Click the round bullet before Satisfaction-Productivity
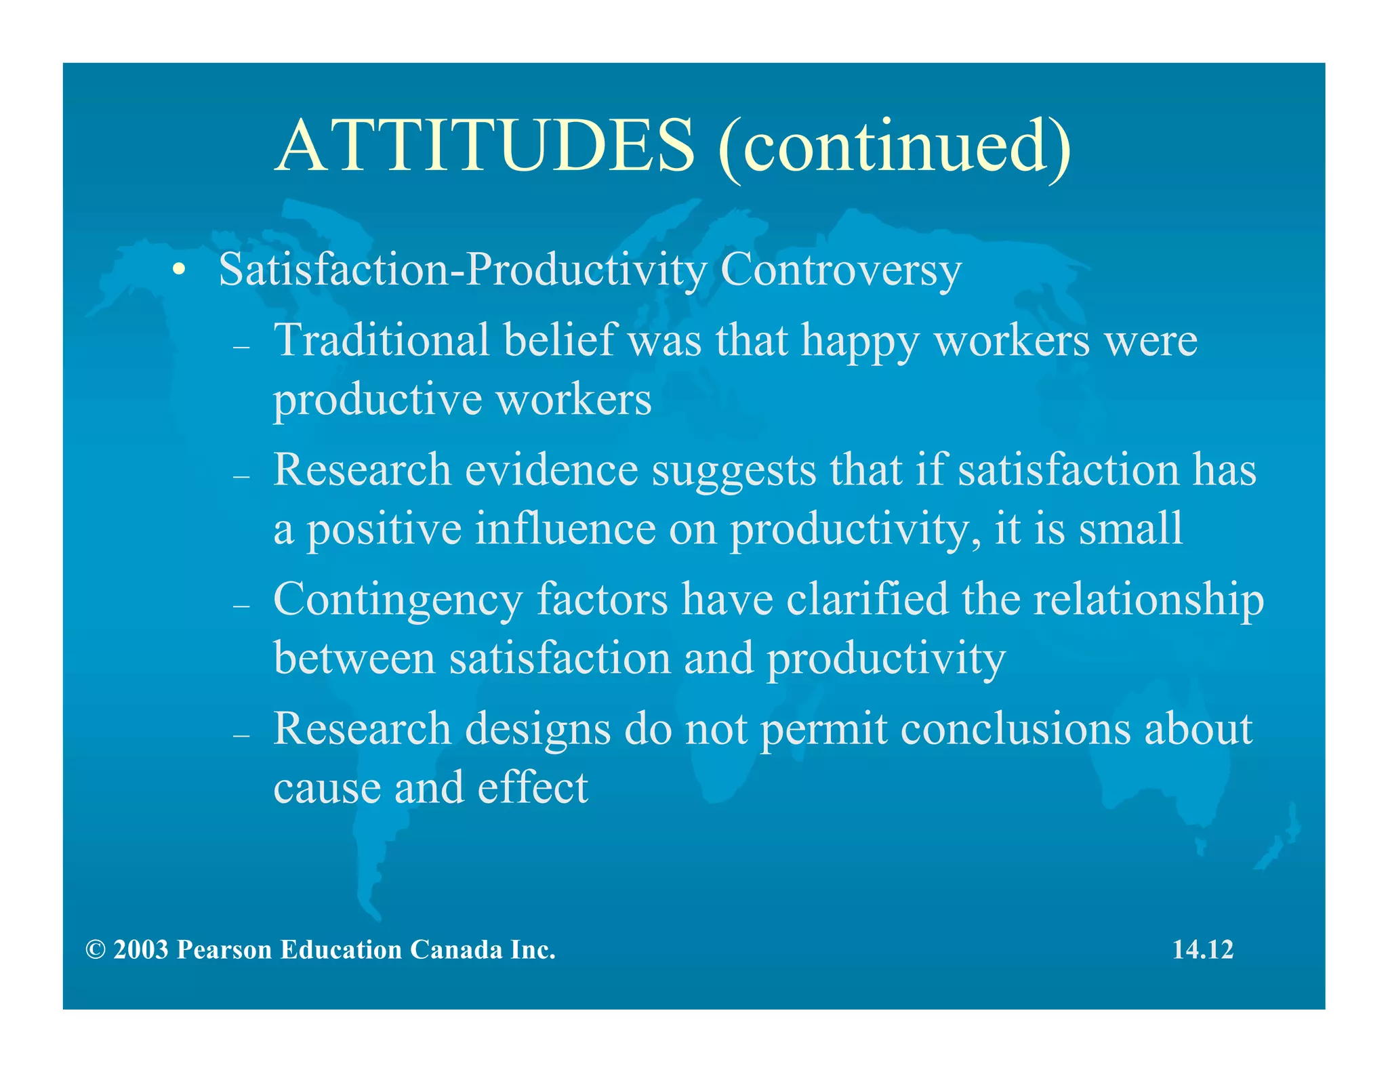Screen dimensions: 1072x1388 [x=178, y=270]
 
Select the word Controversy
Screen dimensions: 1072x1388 [x=840, y=270]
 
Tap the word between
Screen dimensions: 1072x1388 [x=354, y=658]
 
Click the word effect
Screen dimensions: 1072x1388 [x=533, y=787]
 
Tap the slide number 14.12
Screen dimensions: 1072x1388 [x=1203, y=949]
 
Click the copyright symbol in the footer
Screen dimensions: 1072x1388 [x=96, y=950]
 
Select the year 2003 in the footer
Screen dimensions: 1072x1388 [x=140, y=950]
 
